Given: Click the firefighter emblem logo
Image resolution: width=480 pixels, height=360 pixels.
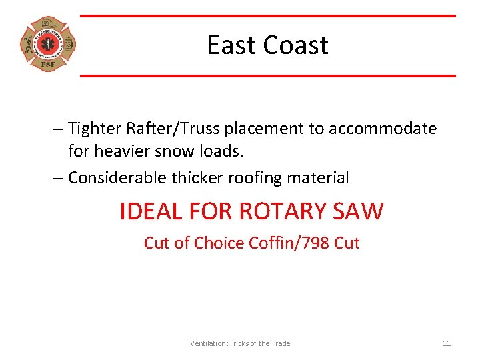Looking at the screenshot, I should coord(47,44).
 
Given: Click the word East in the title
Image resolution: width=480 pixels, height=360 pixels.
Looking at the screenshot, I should coord(231,45).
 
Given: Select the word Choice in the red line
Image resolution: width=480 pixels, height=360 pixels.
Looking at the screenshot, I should coord(219,243).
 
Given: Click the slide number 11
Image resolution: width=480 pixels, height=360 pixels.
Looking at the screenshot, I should coord(447,343).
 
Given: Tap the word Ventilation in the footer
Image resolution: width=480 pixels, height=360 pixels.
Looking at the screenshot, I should coord(208,343).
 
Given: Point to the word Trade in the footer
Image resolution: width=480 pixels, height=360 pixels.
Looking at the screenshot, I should coord(280,343).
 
